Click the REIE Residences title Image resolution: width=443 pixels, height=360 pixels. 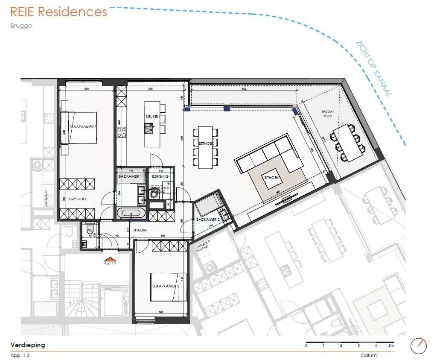(58, 12)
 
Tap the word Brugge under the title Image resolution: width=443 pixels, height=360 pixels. (21, 25)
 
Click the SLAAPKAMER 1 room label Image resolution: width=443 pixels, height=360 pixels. (84, 127)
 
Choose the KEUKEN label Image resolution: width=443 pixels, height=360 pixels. (152, 117)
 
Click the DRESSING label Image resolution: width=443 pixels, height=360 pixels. (77, 199)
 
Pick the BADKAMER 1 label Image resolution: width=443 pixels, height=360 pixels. (130, 176)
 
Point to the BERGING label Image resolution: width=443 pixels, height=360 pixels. (160, 176)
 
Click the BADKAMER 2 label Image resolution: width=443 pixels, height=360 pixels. (207, 220)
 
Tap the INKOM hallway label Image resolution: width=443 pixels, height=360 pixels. (140, 230)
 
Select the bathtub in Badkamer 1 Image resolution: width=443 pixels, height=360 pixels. (131, 213)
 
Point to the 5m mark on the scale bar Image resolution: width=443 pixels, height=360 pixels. (391, 345)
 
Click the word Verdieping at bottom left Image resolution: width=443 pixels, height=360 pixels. (27, 345)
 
